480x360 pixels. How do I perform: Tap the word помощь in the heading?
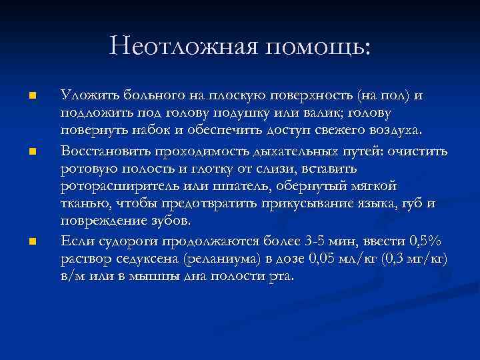pyautogui.click(x=313, y=47)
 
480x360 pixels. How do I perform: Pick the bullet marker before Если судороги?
pyautogui.click(x=31, y=239)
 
